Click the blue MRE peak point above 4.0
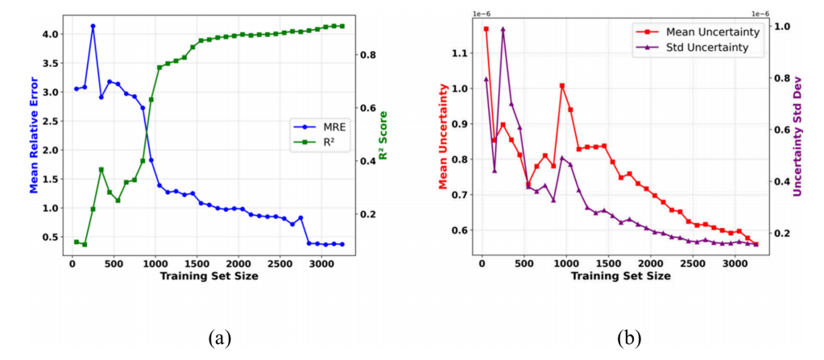pyautogui.click(x=93, y=26)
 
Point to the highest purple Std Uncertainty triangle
pyautogui.click(x=503, y=29)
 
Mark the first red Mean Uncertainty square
pyautogui.click(x=486, y=29)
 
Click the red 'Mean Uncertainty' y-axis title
pyautogui.click(x=442, y=135)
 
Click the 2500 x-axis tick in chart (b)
pyautogui.click(x=692, y=263)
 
